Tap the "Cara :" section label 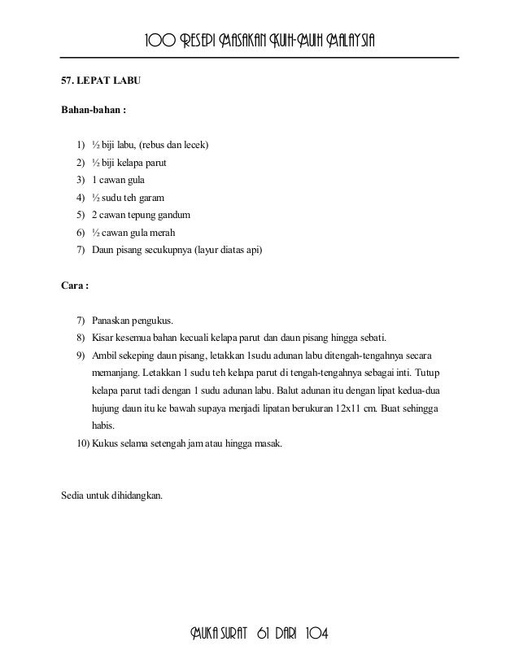point(76,286)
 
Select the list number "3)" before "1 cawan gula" point(80,179)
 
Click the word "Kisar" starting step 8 point(102,338)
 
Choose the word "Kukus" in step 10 point(106,444)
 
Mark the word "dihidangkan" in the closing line point(135,491)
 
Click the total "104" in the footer point(317,634)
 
